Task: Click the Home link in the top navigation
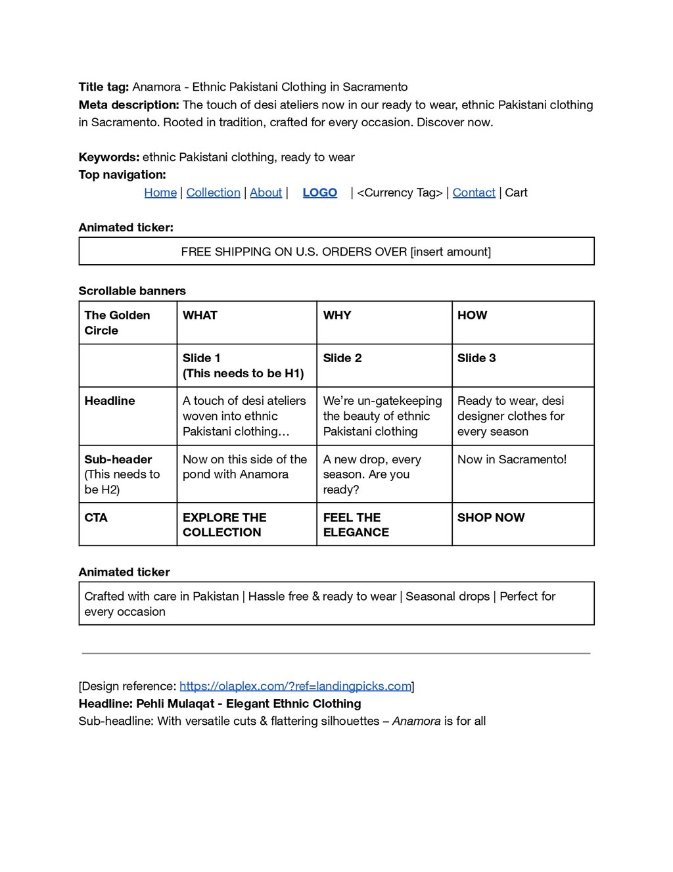pos(160,193)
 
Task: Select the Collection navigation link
pos(213,193)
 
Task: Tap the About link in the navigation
pos(266,193)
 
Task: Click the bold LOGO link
pos(319,193)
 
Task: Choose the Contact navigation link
pos(474,193)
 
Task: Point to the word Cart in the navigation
pos(516,193)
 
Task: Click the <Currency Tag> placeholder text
pos(400,193)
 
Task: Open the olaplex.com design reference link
pos(295,686)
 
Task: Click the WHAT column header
pos(200,315)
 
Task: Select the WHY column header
pos(337,315)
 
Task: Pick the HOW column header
pos(472,315)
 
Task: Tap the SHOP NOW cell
pos(491,518)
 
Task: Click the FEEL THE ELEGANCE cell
pos(356,525)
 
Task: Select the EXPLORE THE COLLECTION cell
pos(224,525)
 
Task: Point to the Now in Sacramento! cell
pos(511,459)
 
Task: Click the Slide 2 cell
pos(342,358)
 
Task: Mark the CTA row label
pos(96,518)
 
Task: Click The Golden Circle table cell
pos(117,323)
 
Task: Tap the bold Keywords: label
pos(108,157)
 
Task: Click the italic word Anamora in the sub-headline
pos(416,721)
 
